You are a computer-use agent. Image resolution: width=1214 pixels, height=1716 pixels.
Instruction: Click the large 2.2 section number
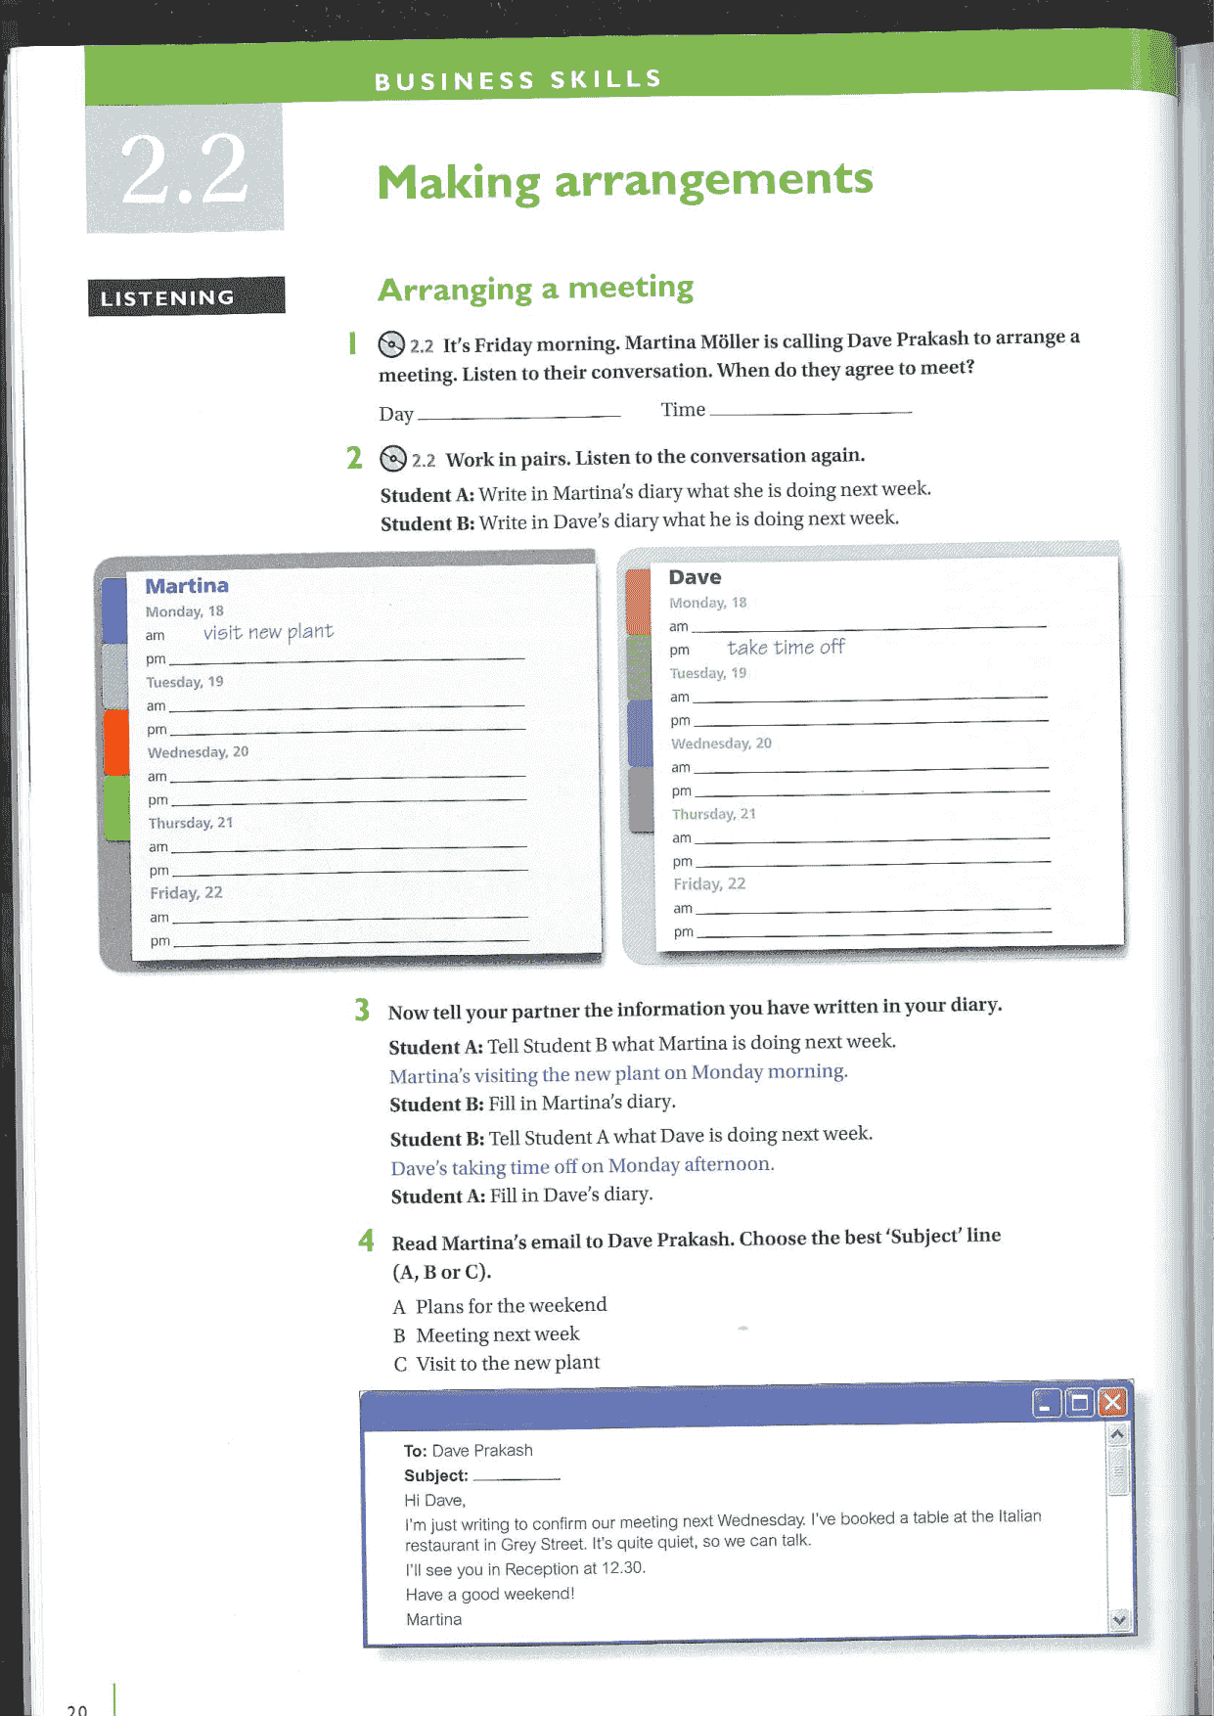[x=184, y=168]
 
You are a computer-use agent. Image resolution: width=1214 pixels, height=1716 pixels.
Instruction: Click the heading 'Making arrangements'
[x=624, y=181]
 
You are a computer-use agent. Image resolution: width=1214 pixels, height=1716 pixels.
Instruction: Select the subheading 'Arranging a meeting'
[x=535, y=288]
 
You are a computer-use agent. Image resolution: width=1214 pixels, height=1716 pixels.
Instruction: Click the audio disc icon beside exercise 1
[x=391, y=344]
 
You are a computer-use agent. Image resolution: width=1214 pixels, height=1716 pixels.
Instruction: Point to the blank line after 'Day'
[x=518, y=416]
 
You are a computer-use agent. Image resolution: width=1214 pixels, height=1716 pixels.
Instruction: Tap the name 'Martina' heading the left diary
[x=187, y=585]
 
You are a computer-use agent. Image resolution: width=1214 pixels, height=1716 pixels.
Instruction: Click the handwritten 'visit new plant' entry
[x=268, y=632]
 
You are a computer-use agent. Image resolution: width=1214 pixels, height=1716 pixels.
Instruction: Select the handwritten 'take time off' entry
[x=786, y=647]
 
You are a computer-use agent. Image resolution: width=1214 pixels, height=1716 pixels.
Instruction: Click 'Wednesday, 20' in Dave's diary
[x=721, y=744]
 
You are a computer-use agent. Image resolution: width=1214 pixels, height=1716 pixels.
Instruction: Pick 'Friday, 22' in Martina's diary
[x=186, y=893]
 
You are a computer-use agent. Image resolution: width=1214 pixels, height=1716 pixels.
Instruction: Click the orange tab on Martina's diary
[x=116, y=741]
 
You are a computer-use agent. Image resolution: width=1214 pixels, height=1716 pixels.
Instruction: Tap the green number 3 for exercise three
[x=362, y=1010]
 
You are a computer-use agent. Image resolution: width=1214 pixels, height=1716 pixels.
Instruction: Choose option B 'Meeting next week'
[x=497, y=1334]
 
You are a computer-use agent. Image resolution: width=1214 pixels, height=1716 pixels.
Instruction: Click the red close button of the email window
[x=1112, y=1403]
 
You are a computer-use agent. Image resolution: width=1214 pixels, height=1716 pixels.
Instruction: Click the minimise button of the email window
[x=1046, y=1405]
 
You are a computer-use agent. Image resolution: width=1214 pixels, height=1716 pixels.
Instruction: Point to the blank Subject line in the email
[x=516, y=1477]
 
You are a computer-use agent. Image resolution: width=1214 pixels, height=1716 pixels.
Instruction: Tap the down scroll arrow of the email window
[x=1119, y=1620]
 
